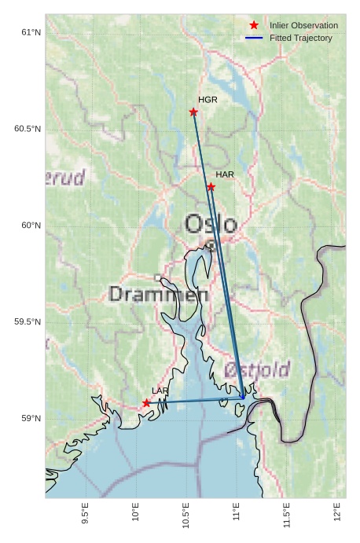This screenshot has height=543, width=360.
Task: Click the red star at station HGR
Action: [193, 112]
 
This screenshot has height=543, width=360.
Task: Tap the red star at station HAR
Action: [211, 186]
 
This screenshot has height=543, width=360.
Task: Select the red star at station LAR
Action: [146, 402]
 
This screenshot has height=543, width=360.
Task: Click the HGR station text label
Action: [208, 100]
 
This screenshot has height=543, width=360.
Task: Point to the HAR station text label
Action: [225, 174]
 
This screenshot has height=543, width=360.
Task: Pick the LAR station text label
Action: [160, 391]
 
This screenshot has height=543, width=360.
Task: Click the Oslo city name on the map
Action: [210, 225]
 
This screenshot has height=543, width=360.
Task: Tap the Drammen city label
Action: [158, 295]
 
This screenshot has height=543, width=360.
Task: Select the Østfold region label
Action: [257, 369]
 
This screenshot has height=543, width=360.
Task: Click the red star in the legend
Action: [254, 25]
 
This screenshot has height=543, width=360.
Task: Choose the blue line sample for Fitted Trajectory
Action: [254, 38]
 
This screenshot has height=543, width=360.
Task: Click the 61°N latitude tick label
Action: [31, 32]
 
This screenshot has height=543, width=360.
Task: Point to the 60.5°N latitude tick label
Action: [28, 129]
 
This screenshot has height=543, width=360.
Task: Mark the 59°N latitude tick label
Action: [31, 418]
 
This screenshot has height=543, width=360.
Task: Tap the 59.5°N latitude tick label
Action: [28, 322]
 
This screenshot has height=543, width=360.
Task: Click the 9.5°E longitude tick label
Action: [85, 512]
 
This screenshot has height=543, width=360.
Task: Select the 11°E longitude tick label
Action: [236, 513]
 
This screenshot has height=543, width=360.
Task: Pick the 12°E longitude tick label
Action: [336, 513]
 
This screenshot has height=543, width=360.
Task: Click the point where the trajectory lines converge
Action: [243, 398]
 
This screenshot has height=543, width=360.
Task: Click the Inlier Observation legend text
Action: [303, 25]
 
